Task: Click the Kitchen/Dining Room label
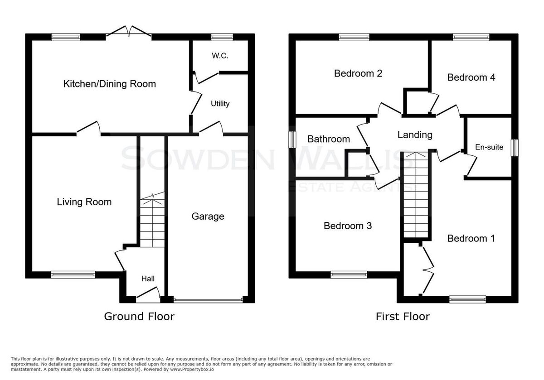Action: click(x=110, y=84)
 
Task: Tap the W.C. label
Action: click(x=220, y=56)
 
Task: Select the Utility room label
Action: click(x=220, y=104)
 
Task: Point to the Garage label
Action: click(x=208, y=216)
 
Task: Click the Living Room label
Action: click(x=84, y=202)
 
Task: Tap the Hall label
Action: click(x=148, y=279)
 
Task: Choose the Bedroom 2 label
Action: click(x=358, y=73)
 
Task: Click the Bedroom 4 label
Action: click(x=471, y=77)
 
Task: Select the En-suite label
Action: click(x=489, y=147)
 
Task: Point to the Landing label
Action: click(x=415, y=135)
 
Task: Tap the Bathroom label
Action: click(x=329, y=139)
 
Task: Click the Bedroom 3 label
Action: click(x=348, y=226)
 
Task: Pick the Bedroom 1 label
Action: click(x=471, y=239)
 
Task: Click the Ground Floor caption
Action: click(x=140, y=317)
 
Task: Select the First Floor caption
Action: click(x=403, y=317)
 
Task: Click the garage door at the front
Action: click(x=208, y=301)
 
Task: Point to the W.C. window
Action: click(x=222, y=37)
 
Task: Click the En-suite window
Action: click(x=515, y=148)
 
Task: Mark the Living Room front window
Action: click(x=73, y=275)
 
